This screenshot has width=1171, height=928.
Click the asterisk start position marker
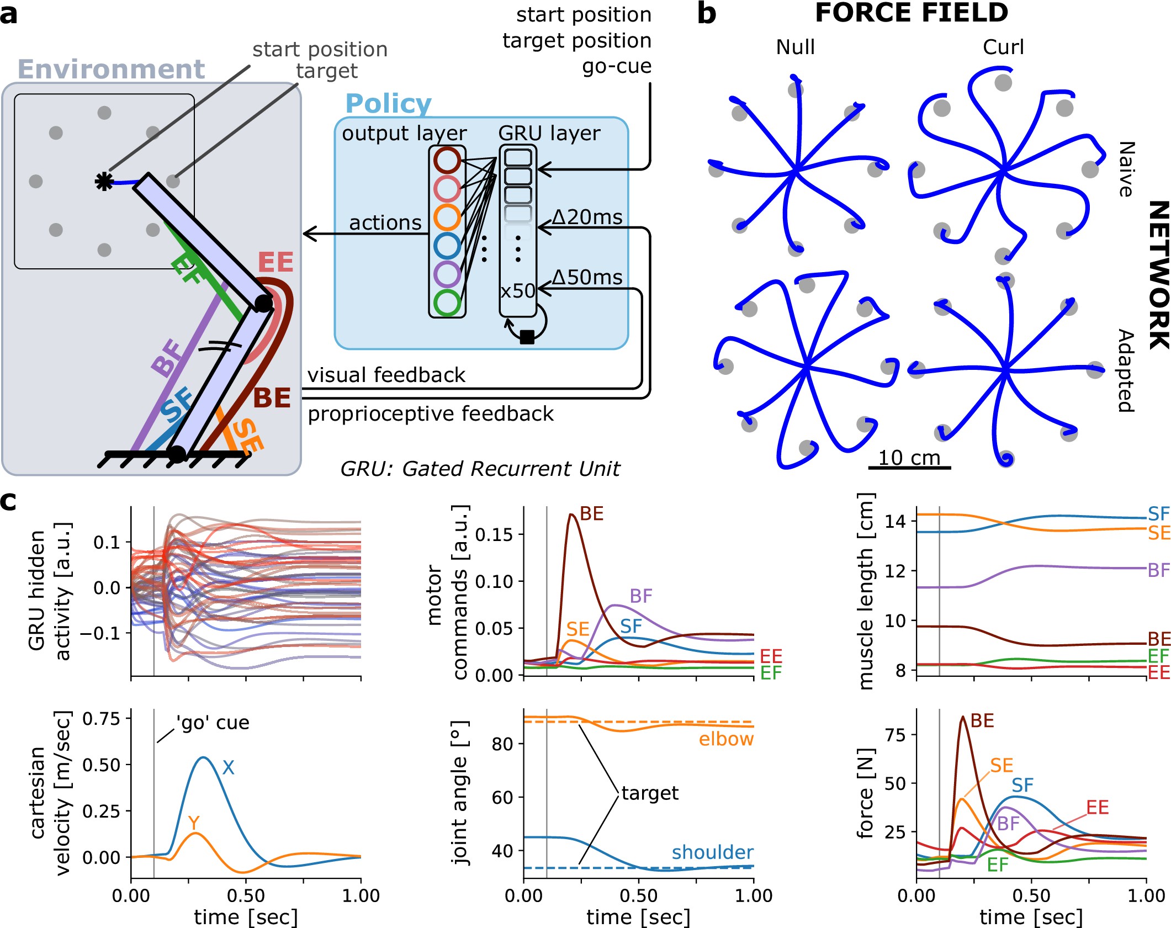[x=104, y=181]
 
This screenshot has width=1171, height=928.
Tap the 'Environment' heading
[x=111, y=70]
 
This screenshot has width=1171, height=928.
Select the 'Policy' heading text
[x=388, y=104]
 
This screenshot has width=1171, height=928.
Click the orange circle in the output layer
[x=447, y=217]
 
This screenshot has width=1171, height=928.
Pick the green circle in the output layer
[x=447, y=302]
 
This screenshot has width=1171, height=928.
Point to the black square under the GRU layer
[x=527, y=337]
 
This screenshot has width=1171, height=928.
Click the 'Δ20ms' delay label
[x=587, y=217]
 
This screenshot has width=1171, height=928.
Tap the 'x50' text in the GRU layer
[x=517, y=291]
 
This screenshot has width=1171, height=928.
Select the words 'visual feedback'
[x=386, y=375]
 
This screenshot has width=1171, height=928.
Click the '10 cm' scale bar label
[x=909, y=458]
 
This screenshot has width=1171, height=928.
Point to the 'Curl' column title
[x=1003, y=47]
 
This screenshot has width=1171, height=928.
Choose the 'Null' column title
[x=795, y=47]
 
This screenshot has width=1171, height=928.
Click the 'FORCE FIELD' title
[x=912, y=13]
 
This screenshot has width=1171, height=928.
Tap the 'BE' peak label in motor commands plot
[x=592, y=514]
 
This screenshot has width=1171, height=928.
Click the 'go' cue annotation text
[x=213, y=723]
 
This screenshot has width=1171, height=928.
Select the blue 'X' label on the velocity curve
[x=228, y=767]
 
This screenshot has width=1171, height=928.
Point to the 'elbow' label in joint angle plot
[x=726, y=739]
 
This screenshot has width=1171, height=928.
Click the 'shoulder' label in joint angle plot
[x=712, y=852]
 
